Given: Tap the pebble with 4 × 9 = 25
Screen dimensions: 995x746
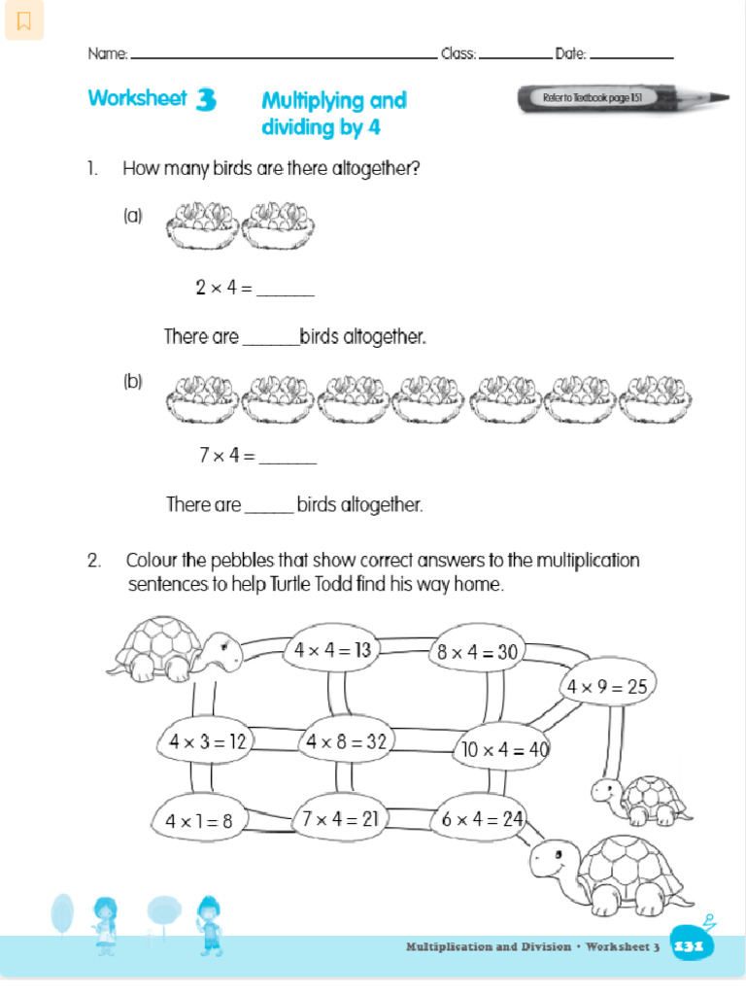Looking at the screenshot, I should coord(608,687).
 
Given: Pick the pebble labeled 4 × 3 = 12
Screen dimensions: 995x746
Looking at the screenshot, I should coord(205,741).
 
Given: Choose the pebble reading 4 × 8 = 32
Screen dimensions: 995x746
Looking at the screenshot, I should coord(347,741).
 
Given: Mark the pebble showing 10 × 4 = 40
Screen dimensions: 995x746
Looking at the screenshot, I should coord(503,749).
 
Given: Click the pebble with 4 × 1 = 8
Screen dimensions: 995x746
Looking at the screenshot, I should coord(199,820).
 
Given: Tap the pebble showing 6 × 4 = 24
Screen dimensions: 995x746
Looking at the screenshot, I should coord(482,819).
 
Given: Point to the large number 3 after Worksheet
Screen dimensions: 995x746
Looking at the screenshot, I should coord(205,100).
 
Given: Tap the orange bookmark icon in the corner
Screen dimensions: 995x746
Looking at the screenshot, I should coord(24,20).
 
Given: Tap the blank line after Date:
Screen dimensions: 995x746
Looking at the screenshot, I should coord(631,55).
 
